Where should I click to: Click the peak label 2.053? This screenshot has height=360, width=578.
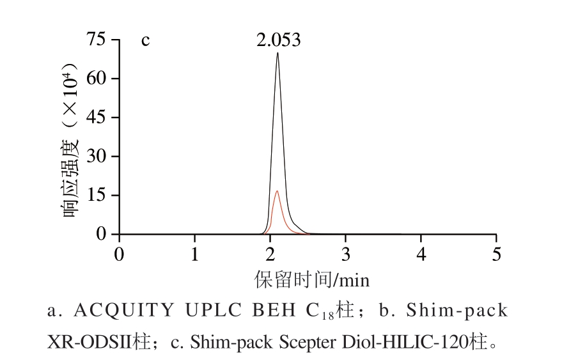[278, 40]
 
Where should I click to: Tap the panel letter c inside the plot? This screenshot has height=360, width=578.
[145, 40]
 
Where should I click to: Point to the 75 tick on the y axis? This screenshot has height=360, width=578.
[95, 40]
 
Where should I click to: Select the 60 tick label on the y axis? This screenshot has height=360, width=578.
[95, 79]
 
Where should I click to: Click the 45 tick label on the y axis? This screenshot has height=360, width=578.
[95, 118]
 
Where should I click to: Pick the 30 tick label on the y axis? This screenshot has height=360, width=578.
[95, 157]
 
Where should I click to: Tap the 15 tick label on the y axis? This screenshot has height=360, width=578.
[95, 196]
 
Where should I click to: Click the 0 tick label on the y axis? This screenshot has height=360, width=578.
[101, 234]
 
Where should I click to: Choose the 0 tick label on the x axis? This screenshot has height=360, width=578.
[119, 254]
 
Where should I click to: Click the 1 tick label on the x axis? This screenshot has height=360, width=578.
[194, 254]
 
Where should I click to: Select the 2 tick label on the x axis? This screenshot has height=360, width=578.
[270, 254]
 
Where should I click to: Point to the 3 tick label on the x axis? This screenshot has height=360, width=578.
[345, 254]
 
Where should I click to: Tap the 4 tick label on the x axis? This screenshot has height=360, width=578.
[421, 254]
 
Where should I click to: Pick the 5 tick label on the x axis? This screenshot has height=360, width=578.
[496, 254]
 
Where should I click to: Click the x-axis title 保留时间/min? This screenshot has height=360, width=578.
[312, 279]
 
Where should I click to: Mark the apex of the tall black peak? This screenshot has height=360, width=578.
[277, 53]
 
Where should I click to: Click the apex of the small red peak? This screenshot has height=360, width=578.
[276, 191]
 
